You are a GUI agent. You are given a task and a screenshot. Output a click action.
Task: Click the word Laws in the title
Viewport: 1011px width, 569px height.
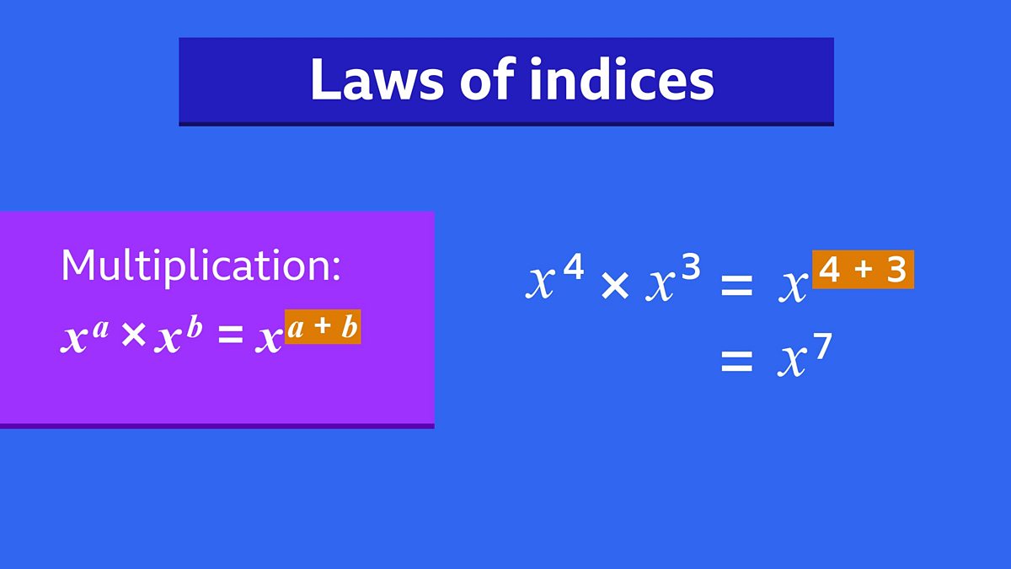[376, 81]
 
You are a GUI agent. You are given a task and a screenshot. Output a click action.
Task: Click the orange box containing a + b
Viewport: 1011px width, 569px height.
[323, 327]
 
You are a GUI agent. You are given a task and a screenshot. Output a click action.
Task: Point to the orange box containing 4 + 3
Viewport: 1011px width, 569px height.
[863, 270]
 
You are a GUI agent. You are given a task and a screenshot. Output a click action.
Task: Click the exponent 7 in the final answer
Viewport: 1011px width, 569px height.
[822, 347]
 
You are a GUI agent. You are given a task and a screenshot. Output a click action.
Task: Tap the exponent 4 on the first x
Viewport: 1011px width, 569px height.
[574, 269]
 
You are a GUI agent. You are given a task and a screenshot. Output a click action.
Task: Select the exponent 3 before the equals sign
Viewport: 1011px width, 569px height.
[690, 269]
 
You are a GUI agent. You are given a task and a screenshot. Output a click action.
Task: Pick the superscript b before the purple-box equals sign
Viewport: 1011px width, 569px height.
[194, 327]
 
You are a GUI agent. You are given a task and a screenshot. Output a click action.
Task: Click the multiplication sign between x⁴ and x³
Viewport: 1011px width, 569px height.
[615, 287]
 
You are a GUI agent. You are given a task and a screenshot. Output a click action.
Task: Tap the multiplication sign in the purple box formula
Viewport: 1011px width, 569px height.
[132, 336]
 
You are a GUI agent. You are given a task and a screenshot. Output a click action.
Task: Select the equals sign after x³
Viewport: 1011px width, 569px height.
[736, 287]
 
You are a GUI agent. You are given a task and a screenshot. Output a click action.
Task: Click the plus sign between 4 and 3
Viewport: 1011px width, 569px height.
[863, 270]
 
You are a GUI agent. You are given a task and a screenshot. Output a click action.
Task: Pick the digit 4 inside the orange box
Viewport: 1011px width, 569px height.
[831, 270]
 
